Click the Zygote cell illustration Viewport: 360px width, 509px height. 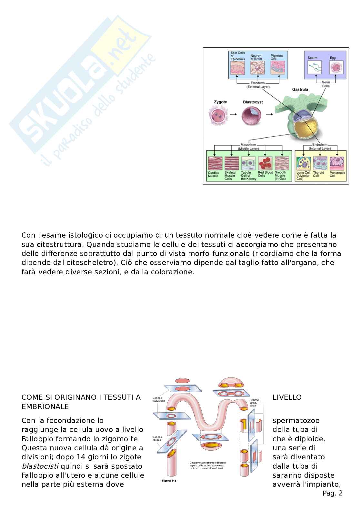pos(216,117)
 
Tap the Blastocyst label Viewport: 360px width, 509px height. pos(253,102)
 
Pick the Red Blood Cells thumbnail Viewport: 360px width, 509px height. pos(265,163)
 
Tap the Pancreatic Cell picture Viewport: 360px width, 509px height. pos(337,163)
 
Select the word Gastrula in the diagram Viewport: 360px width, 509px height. pos(300,89)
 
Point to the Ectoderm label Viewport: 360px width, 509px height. pos(258,83)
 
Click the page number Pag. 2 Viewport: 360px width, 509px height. pos(332,493)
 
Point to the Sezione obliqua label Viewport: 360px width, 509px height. pos(158,439)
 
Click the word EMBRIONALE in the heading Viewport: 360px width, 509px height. pos(45,406)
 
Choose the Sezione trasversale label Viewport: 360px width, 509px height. pos(159,399)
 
